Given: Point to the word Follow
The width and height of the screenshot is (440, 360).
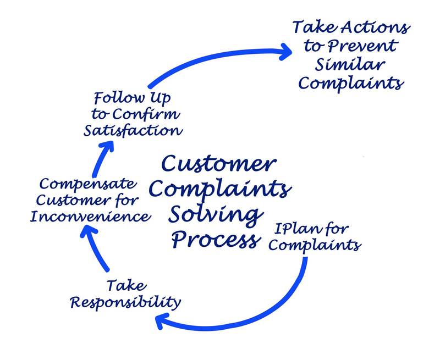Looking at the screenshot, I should pos(117,99).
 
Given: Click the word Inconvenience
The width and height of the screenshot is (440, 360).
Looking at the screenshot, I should pos(90,216).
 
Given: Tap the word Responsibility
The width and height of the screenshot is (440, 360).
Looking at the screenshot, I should pos(125,301).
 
